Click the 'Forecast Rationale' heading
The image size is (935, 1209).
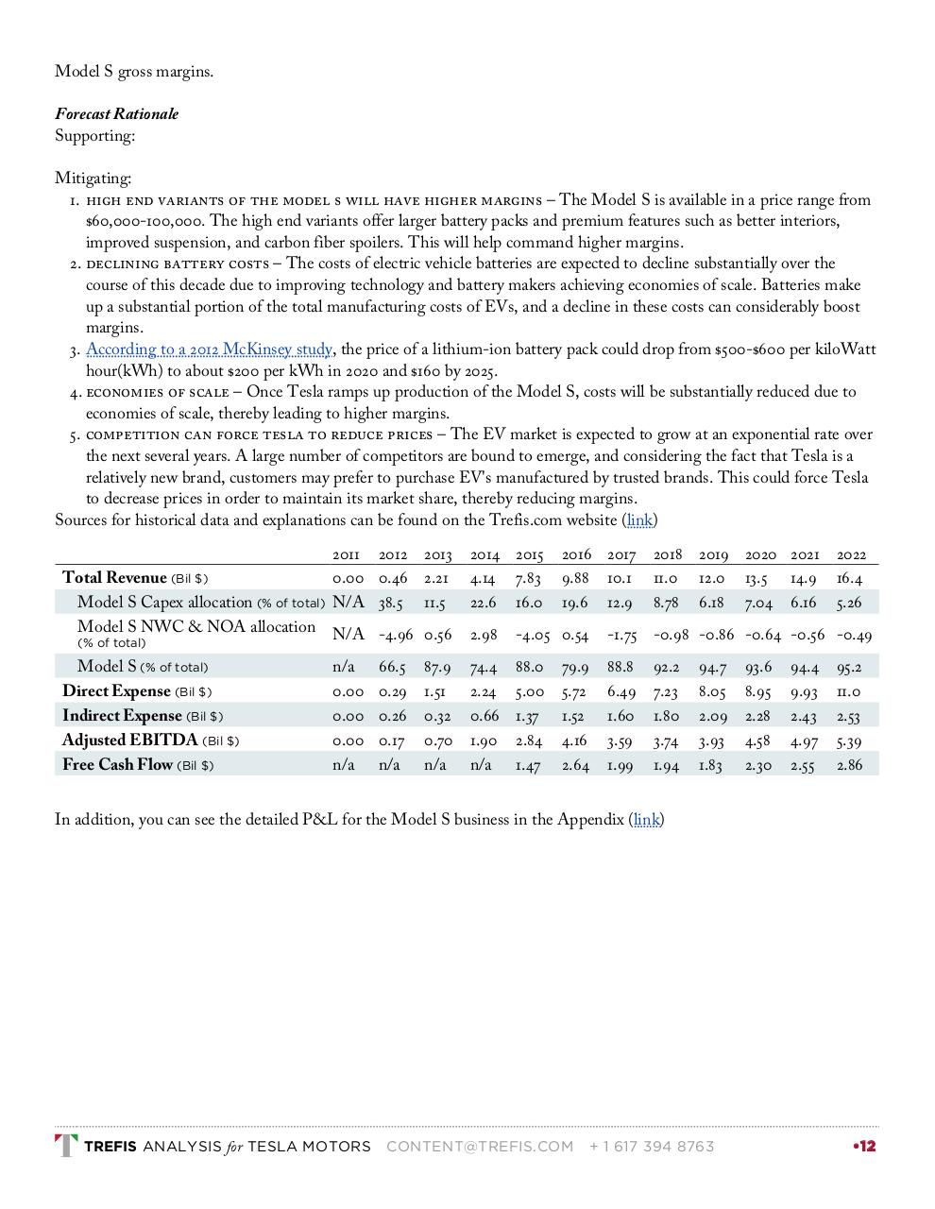pos(116,114)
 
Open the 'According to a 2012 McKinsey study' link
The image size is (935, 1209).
pos(209,349)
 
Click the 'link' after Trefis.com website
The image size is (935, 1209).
pos(639,520)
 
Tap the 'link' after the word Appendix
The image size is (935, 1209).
pos(646,820)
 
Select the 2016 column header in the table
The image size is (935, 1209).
pos(576,555)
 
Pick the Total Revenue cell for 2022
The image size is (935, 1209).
pos(849,578)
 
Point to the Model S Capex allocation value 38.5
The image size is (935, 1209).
pos(391,603)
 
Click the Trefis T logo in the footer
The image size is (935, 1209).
pos(66,1146)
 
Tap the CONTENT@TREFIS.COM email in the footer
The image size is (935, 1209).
pos(480,1147)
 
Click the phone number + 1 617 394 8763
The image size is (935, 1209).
pos(651,1147)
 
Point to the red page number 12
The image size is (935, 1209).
pos(865,1147)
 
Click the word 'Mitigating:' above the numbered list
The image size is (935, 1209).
pos(93,179)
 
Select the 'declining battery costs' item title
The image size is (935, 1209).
pos(178,264)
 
